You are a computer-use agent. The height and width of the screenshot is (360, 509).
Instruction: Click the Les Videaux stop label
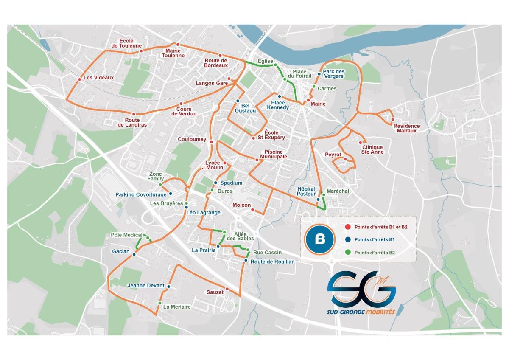pos(98,78)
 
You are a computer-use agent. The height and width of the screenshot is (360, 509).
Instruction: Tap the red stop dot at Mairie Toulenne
pos(178,45)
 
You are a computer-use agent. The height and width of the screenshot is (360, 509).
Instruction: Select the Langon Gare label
pos(212,83)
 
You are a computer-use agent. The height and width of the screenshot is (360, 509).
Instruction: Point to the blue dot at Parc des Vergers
pos(319,74)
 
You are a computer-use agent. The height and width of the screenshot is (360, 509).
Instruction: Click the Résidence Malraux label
pos(406,128)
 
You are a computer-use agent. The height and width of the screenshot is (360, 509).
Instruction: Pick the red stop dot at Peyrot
pos(345,159)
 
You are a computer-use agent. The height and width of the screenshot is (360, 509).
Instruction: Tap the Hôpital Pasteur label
pos(306,191)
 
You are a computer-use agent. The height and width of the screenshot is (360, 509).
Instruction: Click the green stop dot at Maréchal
pos(323,195)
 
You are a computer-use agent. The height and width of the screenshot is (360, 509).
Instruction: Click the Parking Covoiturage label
pos(141,194)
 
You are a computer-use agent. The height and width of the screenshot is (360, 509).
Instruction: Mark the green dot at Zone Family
pos(160,185)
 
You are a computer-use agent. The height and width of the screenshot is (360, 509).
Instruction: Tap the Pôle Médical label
pos(126,235)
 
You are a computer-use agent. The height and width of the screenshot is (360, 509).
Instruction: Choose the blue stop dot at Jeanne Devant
pos(168,287)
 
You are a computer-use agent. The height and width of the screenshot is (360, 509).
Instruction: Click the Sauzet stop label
pos(215,292)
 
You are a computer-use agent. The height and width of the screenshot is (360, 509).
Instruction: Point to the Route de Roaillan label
pos(272,262)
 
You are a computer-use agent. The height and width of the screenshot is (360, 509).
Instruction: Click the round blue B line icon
pos(320,239)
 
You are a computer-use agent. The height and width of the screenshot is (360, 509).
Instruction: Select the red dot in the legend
pos(348,227)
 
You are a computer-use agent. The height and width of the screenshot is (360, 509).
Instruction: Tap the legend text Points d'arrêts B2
pos(375,253)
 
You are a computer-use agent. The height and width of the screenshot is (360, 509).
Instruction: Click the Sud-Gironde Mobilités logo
pos(361,293)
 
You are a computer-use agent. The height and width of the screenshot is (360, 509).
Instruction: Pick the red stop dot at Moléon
pos(252,210)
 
